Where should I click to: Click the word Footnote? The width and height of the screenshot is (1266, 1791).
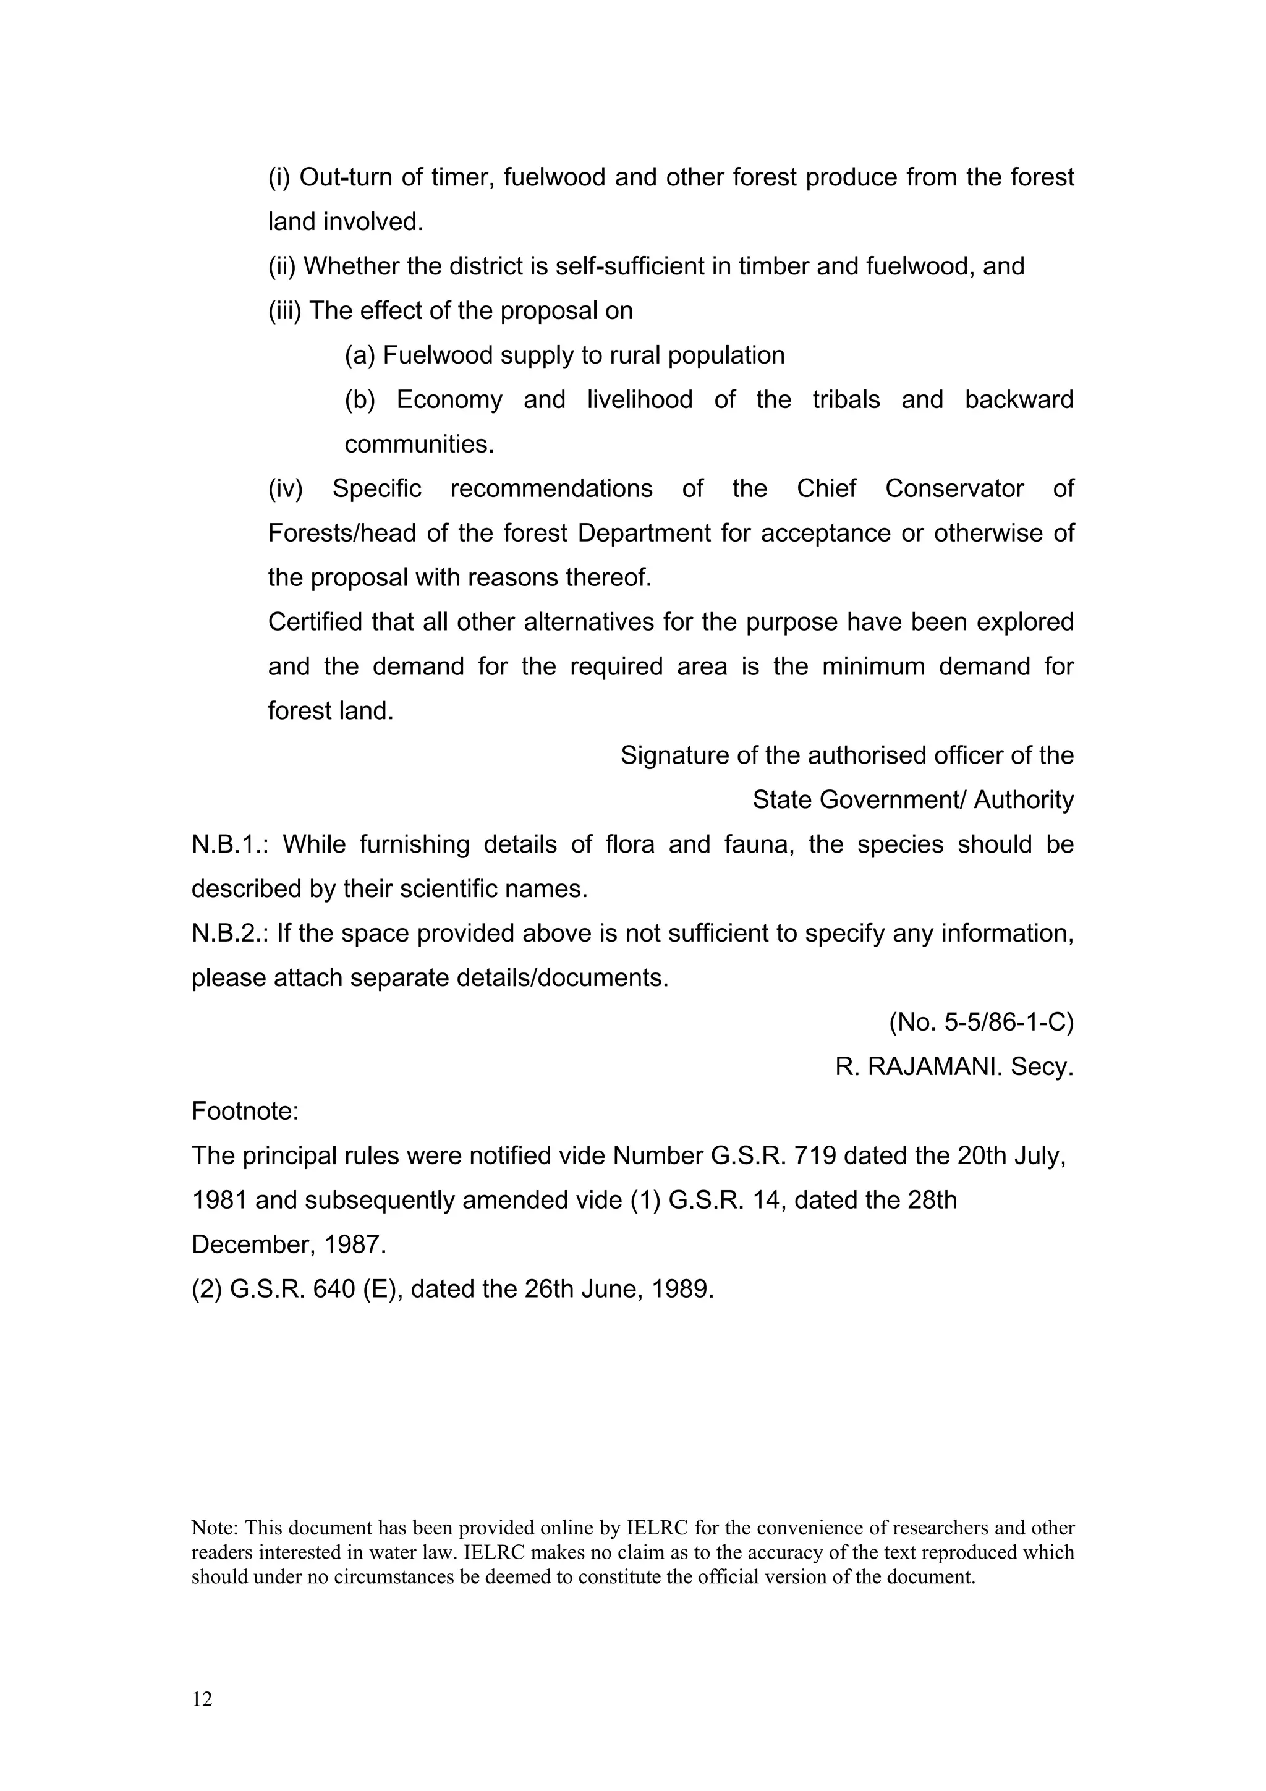pos(245,1111)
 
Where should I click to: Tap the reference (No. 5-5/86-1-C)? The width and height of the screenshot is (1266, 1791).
pos(981,1022)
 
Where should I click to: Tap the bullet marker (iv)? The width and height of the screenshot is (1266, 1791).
pos(285,489)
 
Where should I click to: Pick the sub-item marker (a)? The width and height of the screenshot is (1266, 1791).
pos(360,355)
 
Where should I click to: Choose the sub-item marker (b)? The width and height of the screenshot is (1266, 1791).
pos(360,400)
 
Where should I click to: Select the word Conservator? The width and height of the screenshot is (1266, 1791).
pos(954,489)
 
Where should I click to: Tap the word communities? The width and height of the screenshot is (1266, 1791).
pos(420,445)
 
